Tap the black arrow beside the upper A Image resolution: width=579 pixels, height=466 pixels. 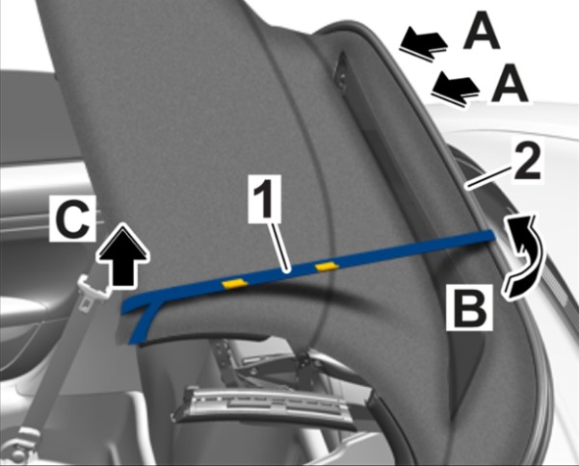(x=423, y=42)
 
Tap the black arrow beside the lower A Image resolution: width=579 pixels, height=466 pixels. (x=456, y=89)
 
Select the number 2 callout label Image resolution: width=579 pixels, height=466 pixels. (x=527, y=162)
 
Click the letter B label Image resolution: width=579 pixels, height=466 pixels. (x=470, y=307)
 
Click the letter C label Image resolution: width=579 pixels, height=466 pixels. (x=73, y=219)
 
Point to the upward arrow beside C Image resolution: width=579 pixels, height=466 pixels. (x=123, y=255)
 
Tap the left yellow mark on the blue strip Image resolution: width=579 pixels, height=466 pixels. (x=234, y=283)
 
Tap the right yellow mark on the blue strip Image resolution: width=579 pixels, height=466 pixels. (x=326, y=266)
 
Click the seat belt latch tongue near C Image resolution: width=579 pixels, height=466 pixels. (x=93, y=291)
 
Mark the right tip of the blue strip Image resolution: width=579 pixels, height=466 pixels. (x=493, y=234)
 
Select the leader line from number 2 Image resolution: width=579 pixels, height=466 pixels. (x=489, y=178)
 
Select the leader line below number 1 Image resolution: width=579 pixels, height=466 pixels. (x=278, y=247)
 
